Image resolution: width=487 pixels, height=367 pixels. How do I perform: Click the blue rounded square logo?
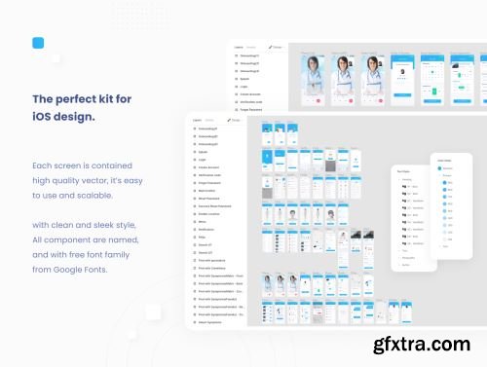click(x=39, y=42)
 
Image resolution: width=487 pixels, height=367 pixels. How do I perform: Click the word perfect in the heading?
click(x=80, y=99)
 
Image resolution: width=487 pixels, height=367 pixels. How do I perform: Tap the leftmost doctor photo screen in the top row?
click(x=315, y=75)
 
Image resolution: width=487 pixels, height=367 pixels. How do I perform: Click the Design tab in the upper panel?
click(x=277, y=47)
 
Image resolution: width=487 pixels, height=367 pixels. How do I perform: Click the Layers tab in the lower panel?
click(x=198, y=119)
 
